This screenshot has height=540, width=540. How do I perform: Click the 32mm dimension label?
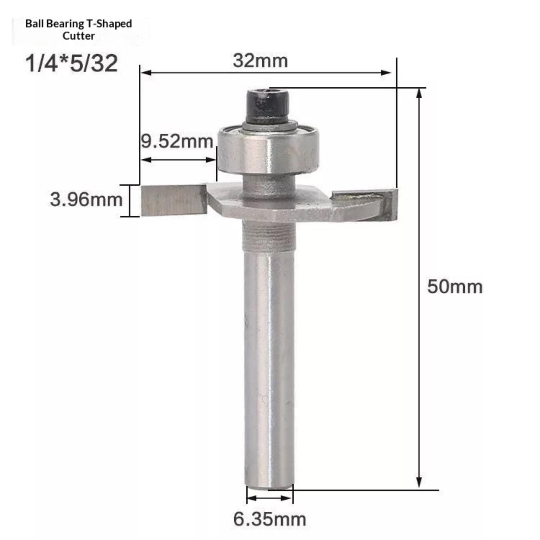260,61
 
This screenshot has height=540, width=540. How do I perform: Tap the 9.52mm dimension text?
177,141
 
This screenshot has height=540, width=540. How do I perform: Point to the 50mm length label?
455,287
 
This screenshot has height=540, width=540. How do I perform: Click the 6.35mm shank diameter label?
270,519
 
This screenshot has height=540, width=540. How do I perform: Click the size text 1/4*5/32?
72,63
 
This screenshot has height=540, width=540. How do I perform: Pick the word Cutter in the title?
79,36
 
